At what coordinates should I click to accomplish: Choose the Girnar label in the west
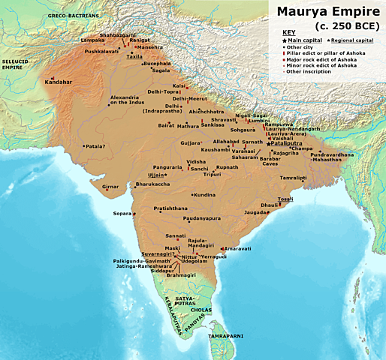click(x=110, y=185)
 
